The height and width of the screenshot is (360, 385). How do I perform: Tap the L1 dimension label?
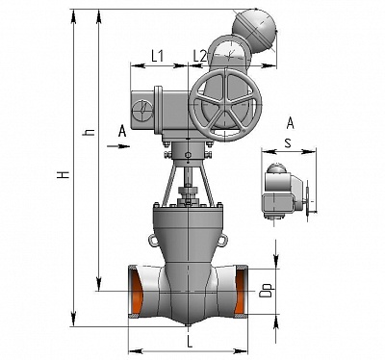click(158, 56)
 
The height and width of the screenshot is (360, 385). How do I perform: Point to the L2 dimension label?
click(199, 56)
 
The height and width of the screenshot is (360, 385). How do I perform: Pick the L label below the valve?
click(190, 342)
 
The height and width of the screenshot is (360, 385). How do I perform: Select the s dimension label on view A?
click(288, 143)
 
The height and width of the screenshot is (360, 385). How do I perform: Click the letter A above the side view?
click(290, 123)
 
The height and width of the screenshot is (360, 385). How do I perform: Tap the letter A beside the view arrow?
click(122, 131)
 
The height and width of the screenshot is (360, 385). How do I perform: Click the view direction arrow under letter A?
click(118, 146)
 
